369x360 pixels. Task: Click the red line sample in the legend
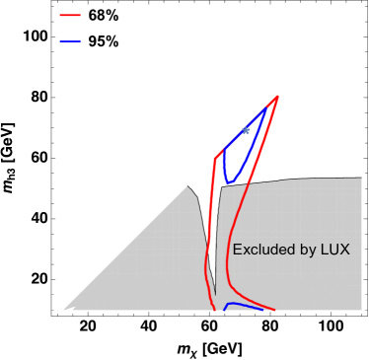[70, 16]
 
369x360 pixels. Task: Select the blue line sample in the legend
[70, 42]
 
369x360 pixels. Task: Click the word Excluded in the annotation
[260, 250]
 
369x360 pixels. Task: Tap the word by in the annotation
[306, 251]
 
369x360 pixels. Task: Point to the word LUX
[335, 250]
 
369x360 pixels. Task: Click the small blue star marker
[245, 130]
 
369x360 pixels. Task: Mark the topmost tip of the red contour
[278, 96]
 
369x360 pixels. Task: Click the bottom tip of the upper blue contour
[228, 181]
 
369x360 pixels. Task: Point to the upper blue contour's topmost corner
[266, 108]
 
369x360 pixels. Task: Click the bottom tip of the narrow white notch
[216, 293]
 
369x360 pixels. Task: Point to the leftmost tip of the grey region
[65, 310]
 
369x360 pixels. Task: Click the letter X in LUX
[344, 250]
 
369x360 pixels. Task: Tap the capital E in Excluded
[237, 250]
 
